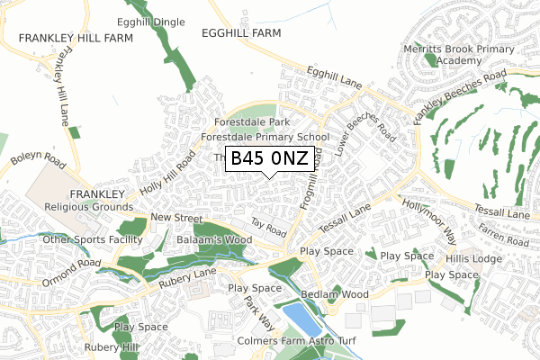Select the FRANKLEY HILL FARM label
[75, 39]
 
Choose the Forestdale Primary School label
[265, 138]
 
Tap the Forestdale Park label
[252, 122]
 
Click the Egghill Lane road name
[334, 80]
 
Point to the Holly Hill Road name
[167, 173]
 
